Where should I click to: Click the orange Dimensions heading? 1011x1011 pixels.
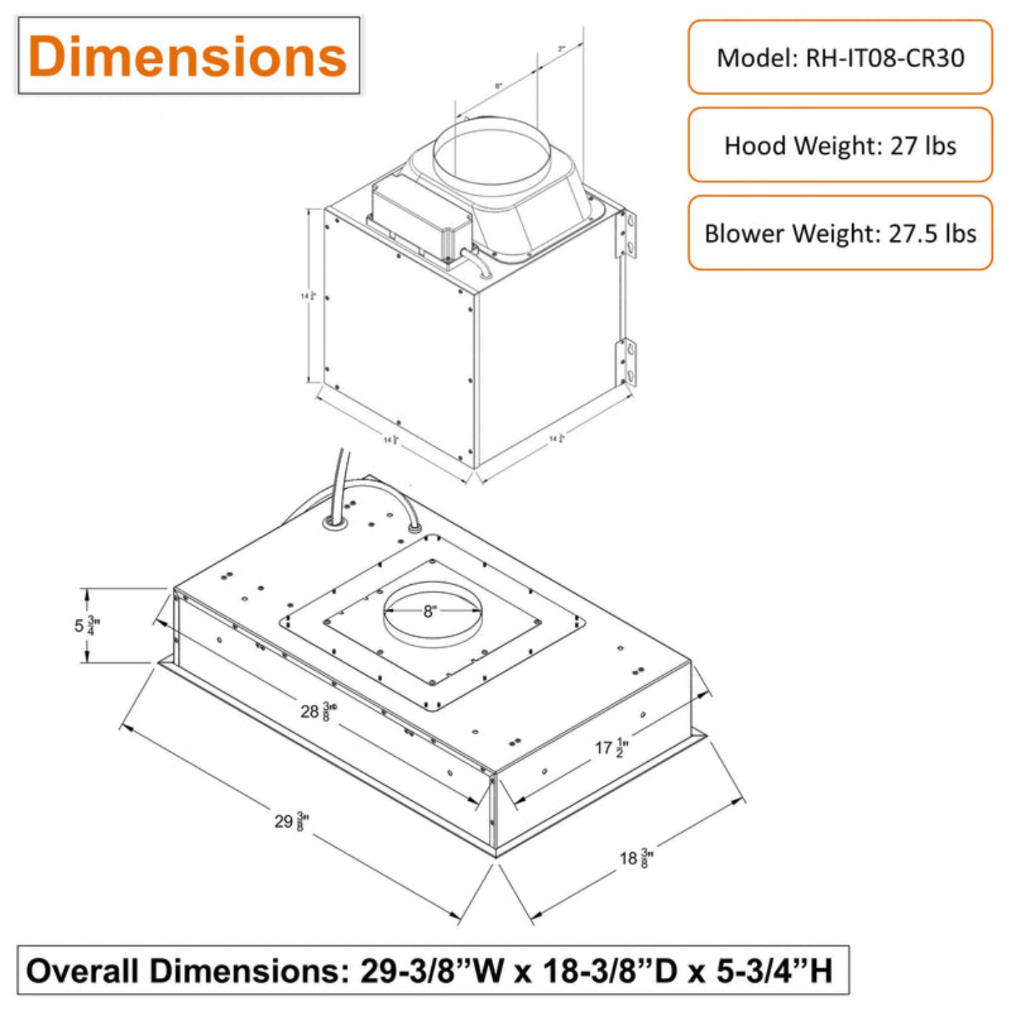[x=188, y=56]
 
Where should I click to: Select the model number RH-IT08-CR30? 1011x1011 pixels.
[x=885, y=58]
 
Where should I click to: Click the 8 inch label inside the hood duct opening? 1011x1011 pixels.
[x=430, y=612]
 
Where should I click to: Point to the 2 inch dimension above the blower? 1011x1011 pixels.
[x=561, y=49]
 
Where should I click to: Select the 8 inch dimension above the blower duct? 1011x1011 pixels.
[x=498, y=86]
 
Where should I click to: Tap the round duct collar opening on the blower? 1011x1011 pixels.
[x=491, y=155]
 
